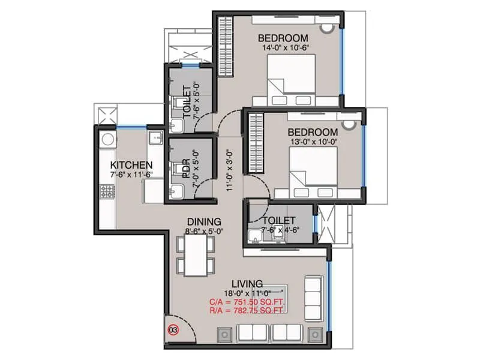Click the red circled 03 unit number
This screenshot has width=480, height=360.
coord(173,329)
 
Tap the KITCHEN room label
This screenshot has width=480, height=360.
coord(131,165)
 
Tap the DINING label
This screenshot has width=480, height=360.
coord(203,221)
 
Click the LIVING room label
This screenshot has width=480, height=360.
coord(247,283)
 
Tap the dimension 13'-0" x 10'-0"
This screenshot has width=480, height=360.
coord(312,142)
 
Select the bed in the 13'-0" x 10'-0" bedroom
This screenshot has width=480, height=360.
coord(312,172)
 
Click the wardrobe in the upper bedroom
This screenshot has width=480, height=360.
coord(224,46)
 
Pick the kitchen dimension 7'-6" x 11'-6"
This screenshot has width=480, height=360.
coord(131,175)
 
